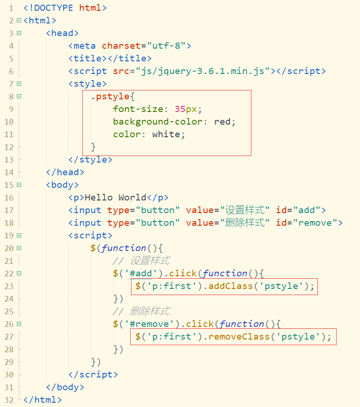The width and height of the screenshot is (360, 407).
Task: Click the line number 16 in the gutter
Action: (x=9, y=197)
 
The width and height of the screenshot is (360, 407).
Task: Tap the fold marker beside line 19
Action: (x=19, y=235)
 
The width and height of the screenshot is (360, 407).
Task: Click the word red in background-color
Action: (x=222, y=121)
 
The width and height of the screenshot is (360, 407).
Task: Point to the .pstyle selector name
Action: (x=112, y=96)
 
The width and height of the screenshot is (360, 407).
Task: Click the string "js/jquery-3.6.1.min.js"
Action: (x=203, y=71)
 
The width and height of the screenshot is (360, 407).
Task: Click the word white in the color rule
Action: (x=166, y=134)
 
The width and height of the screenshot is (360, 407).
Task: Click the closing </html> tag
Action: (x=42, y=400)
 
